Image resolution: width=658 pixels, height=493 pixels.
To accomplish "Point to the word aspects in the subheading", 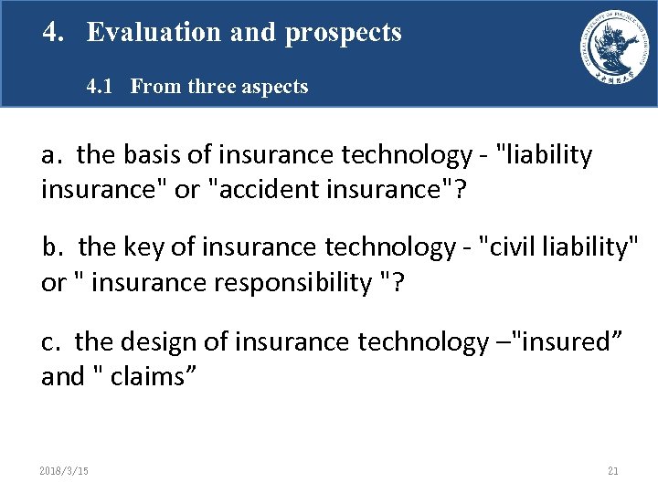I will click(273, 88).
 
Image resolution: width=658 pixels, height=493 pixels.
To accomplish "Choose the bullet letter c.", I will click(49, 342).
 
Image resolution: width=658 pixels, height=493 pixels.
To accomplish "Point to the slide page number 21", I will click(612, 471).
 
